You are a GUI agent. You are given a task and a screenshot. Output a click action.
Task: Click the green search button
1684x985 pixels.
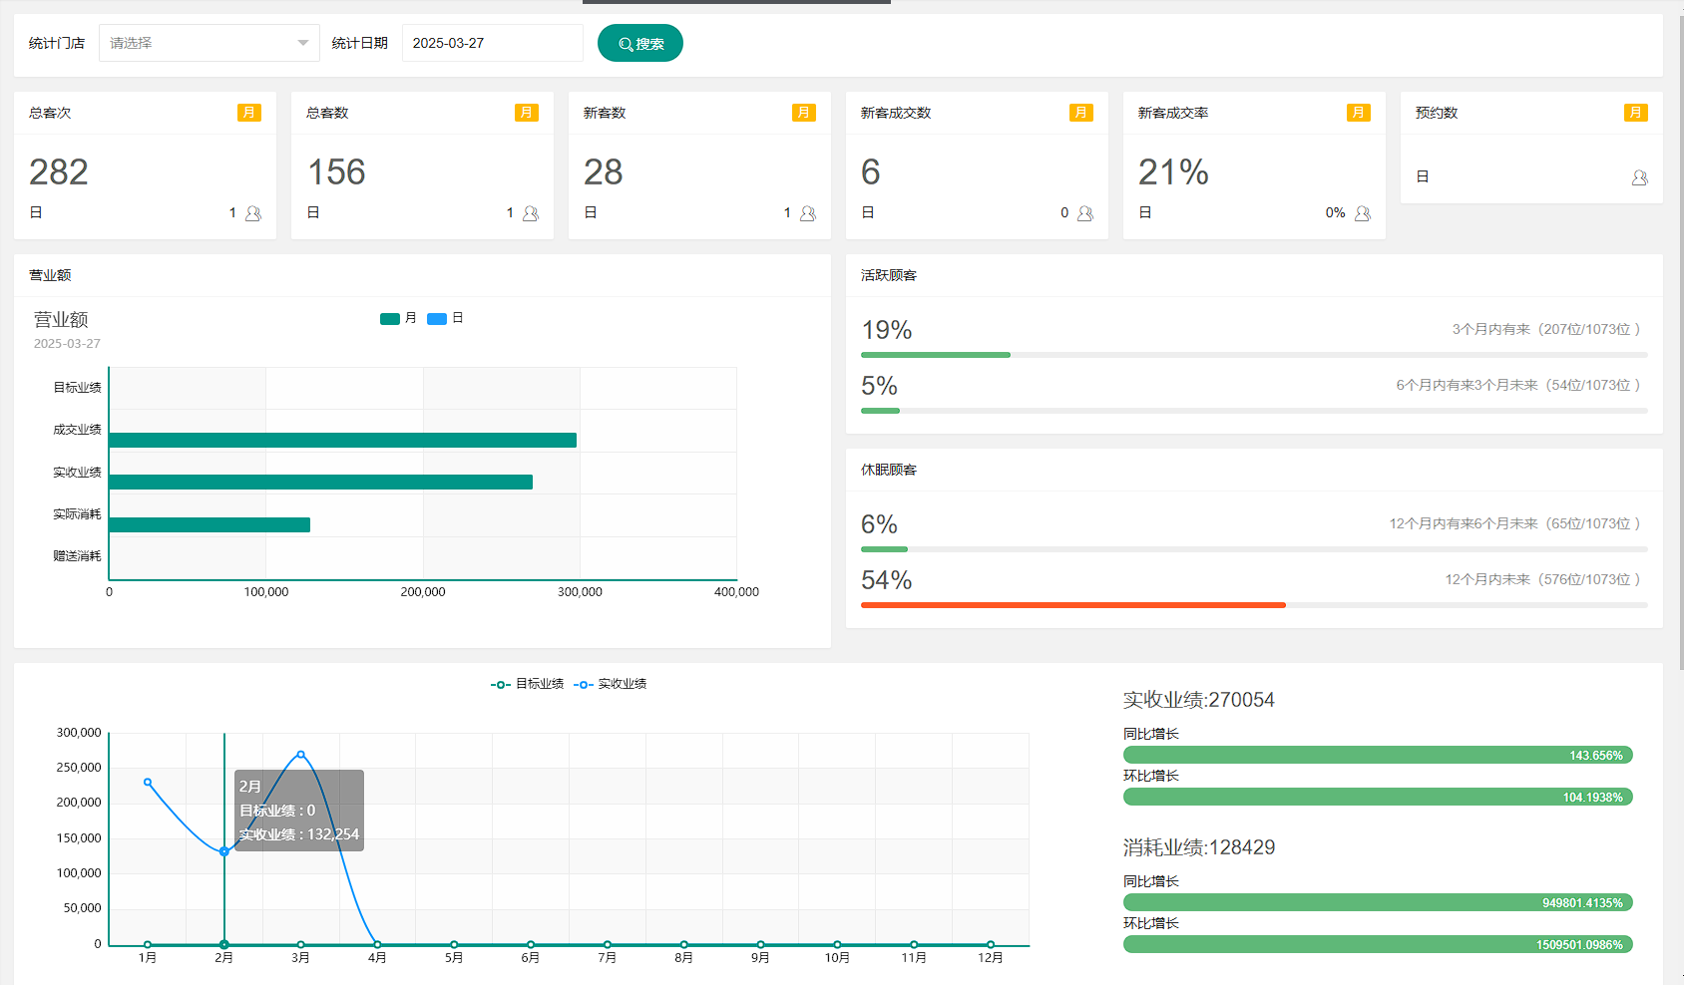click(639, 43)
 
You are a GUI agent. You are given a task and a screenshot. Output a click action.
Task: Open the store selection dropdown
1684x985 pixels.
click(209, 43)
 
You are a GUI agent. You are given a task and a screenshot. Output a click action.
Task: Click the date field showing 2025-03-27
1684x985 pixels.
click(492, 43)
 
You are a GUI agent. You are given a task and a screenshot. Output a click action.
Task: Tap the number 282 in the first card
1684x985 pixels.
click(59, 172)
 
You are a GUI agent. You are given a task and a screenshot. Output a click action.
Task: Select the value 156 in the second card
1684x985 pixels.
click(336, 172)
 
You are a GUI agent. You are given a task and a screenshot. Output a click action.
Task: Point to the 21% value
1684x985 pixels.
click(1173, 172)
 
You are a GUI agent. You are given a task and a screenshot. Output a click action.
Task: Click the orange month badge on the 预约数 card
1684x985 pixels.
click(1635, 113)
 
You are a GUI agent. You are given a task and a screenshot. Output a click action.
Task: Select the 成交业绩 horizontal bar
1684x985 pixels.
click(342, 440)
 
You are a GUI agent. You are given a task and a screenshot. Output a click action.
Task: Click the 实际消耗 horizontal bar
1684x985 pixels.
click(210, 524)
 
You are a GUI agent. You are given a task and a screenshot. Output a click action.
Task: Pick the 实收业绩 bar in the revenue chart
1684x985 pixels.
click(320, 483)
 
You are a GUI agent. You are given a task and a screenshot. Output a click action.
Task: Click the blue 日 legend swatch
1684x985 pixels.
click(437, 319)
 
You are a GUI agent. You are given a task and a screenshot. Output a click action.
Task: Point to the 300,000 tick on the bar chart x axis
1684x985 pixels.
click(580, 592)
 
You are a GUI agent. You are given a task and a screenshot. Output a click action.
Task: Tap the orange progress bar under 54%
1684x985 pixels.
click(1072, 605)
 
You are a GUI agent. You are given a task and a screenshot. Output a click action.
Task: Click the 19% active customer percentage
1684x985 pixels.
click(887, 330)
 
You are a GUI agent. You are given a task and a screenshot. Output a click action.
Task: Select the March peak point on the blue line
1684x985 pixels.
click(300, 755)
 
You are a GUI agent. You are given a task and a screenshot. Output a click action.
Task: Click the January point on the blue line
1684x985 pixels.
click(148, 783)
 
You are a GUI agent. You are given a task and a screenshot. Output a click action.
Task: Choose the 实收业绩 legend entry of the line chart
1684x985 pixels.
click(611, 684)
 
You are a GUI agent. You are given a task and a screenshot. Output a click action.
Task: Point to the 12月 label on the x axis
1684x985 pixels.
click(990, 958)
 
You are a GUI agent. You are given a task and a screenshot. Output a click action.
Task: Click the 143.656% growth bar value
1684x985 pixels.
click(1595, 756)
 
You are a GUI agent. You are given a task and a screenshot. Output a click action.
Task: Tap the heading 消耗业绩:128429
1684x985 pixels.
click(1198, 847)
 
